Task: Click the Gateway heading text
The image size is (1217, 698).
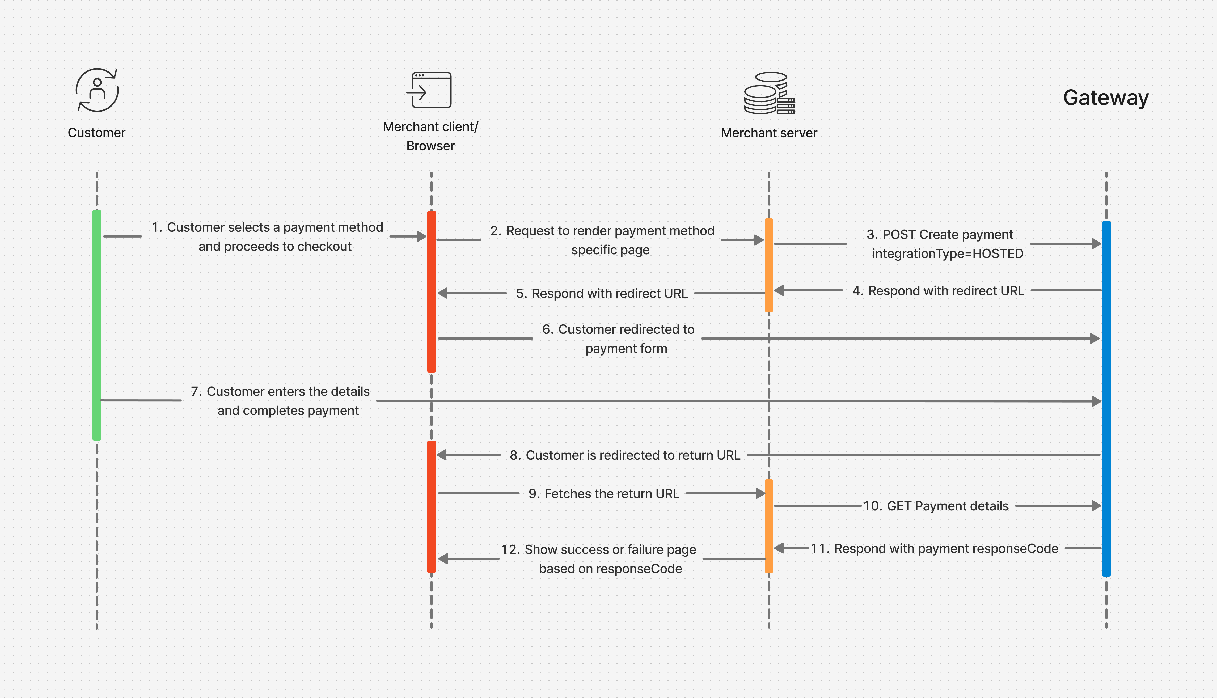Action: pos(1105,98)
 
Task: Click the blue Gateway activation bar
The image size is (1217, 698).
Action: pos(1106,398)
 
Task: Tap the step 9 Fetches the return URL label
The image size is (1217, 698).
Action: pos(603,494)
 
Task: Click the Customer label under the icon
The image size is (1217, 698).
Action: pos(96,133)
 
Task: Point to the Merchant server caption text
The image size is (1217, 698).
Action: pos(769,133)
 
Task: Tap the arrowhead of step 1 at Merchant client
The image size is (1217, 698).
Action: pos(422,236)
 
